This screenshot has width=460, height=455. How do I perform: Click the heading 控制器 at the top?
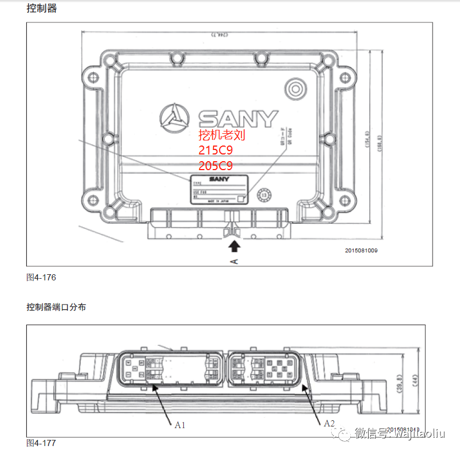pyautogui.click(x=42, y=8)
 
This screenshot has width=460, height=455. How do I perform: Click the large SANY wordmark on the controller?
pyautogui.click(x=238, y=118)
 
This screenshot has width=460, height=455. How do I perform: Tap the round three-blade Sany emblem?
pyautogui.click(x=175, y=118)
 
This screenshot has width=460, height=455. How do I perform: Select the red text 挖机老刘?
pyautogui.click(x=222, y=135)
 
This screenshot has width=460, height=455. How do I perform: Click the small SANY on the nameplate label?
pyautogui.click(x=220, y=179)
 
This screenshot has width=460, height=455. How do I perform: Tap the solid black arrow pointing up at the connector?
pyautogui.click(x=234, y=245)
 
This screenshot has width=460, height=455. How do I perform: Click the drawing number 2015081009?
pyautogui.click(x=361, y=250)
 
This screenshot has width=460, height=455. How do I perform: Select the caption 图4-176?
pyautogui.click(x=41, y=277)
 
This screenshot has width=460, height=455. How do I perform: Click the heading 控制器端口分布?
pyautogui.click(x=56, y=307)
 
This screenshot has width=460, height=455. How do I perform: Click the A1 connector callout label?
pyautogui.click(x=180, y=425)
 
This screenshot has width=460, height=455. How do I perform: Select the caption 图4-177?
pyautogui.click(x=41, y=443)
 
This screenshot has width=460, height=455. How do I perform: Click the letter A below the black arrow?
pyautogui.click(x=234, y=261)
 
